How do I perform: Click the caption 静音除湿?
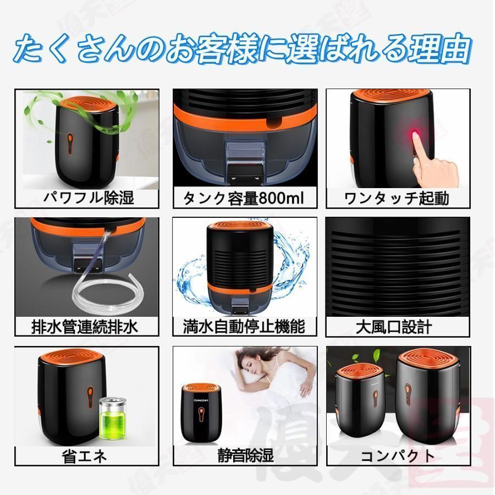tap(245, 456)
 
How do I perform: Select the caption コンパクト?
tap(397, 456)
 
